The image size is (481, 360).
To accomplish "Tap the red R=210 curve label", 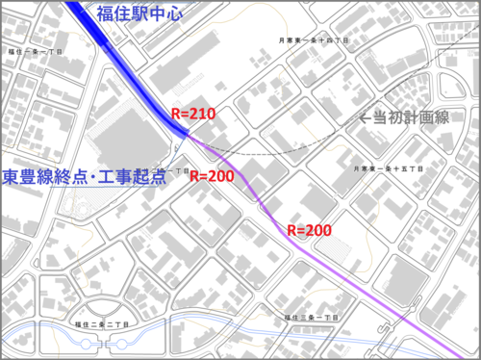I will pyautogui.click(x=191, y=114).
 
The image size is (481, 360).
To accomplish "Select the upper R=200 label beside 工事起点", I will pyautogui.click(x=213, y=176).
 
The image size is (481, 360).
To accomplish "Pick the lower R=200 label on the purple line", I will pyautogui.click(x=309, y=230).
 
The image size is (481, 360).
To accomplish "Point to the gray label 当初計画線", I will pyautogui.click(x=412, y=117).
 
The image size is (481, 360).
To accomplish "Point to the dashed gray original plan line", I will pyautogui.click(x=289, y=152).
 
